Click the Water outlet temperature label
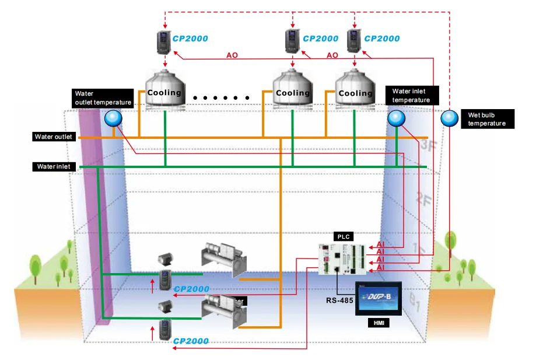(102, 97)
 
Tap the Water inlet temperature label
(411, 96)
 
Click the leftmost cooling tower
(164, 89)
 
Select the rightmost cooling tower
(355, 89)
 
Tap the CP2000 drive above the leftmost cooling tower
(164, 40)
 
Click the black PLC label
(342, 236)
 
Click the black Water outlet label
(54, 137)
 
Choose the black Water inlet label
(54, 166)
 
